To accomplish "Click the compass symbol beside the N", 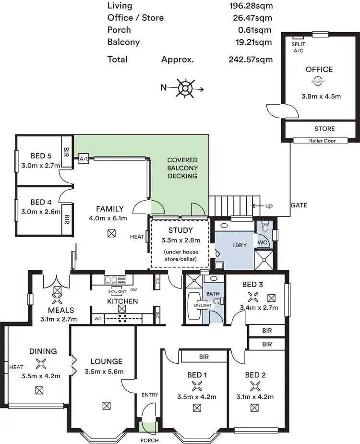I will click(x=185, y=88).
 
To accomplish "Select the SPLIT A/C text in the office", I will click(x=298, y=47).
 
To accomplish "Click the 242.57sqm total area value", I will click(x=251, y=60).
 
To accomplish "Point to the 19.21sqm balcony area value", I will click(x=251, y=42).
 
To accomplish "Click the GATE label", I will click(x=299, y=205).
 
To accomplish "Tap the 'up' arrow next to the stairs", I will click(x=259, y=205).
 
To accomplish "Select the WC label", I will click(x=263, y=243).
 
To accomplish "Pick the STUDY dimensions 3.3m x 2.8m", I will click(x=180, y=240).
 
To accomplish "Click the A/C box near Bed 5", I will click(x=84, y=158).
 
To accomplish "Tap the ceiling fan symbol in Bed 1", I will click(x=196, y=385).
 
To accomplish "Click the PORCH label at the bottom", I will click(x=149, y=440).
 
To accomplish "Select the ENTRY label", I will click(x=150, y=395).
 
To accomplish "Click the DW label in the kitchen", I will click(x=133, y=290).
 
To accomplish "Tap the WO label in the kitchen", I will click(x=97, y=318).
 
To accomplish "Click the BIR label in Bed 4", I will click(x=66, y=219).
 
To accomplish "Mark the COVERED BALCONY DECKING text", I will click(x=182, y=168).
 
